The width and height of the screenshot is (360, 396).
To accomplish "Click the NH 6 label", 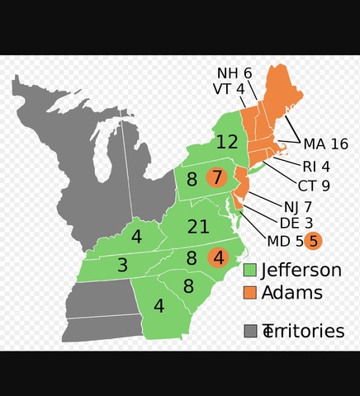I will click(x=234, y=73).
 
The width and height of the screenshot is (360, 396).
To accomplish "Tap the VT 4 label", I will click(x=229, y=89).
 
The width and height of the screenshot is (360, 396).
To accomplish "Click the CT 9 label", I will click(x=314, y=185).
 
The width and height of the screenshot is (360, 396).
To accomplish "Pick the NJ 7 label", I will click(x=296, y=205).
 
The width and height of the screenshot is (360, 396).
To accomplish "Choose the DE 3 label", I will click(x=295, y=223).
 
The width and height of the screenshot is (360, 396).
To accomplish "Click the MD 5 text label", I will click(x=284, y=241).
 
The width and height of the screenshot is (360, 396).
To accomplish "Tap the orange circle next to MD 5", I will click(x=312, y=241).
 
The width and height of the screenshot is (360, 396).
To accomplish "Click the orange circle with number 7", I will click(x=216, y=177).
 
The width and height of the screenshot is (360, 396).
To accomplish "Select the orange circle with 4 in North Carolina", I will click(x=217, y=258).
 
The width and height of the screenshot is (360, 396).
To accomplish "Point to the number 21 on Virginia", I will click(x=198, y=228).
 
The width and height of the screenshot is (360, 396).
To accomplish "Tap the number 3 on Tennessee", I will click(x=122, y=266).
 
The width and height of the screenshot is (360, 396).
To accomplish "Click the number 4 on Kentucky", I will click(x=136, y=238).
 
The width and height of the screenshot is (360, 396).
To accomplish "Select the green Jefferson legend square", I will click(x=249, y=271).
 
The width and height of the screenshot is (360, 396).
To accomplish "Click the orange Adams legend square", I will click(x=249, y=293).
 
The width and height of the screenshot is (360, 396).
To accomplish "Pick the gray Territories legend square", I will click(x=249, y=331).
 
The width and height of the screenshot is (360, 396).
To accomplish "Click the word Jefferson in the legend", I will click(x=301, y=271).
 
